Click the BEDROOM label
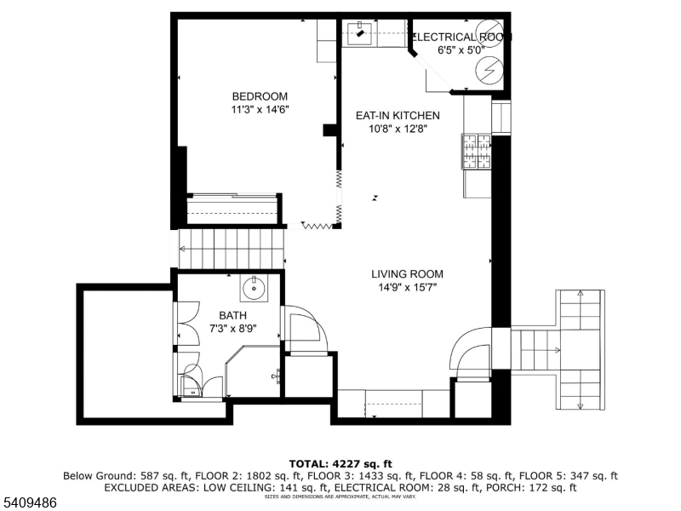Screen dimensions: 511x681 pos(260,96)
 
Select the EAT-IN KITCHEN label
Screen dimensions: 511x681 pos(398,116)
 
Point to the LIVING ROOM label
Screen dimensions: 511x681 pos(407,274)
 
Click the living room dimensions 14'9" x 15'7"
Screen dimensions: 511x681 pos(407,288)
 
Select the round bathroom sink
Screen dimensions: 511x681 pos(254,290)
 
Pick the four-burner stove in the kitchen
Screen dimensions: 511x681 pos(477,152)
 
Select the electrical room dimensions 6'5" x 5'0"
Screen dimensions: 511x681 pos(460,50)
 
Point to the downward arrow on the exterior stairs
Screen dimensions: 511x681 pos(581,393)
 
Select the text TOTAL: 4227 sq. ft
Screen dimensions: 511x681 pos(340,464)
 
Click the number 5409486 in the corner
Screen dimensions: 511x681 pos(30,503)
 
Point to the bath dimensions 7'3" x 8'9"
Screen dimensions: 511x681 pos(232,329)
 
